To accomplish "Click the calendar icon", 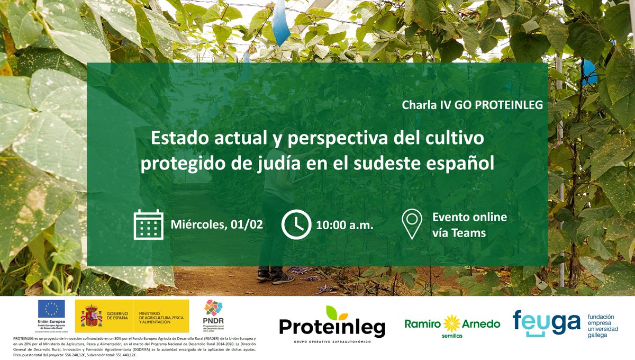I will tap(148, 224).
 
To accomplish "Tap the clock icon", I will tap(296, 224).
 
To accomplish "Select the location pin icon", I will tap(412, 224).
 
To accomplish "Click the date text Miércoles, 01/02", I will tap(217, 224).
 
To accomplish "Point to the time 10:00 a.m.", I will tap(344, 224).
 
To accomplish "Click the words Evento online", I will tap(469, 217).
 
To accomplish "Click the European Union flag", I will tap(51, 309).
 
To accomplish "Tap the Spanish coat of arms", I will tap(91, 317).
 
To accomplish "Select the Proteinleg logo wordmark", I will tap(332, 327).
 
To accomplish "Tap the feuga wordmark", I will tap(546, 323).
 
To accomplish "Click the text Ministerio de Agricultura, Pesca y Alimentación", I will tap(162, 317).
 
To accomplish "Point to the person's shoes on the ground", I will tap(275, 276).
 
